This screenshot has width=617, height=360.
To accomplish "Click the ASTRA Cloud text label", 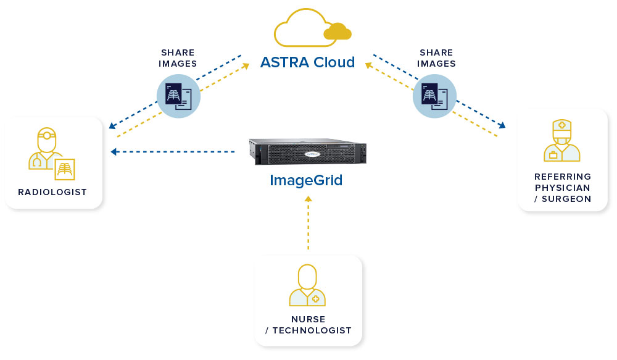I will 307,62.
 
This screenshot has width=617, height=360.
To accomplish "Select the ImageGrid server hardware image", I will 307,151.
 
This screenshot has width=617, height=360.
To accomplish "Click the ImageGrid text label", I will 307,180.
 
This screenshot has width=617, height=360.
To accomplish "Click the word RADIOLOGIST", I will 52,192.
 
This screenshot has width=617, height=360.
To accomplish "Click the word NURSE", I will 308,319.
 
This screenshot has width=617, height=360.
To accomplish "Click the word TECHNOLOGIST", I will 312,330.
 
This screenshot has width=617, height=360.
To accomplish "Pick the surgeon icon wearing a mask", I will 561,142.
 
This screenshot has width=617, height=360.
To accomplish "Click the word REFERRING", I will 563,177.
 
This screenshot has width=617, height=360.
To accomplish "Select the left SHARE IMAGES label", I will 178,58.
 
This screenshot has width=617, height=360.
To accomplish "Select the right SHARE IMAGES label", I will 437,58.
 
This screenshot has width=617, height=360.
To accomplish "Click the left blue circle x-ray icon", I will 179,96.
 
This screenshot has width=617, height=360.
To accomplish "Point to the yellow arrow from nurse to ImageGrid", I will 308,222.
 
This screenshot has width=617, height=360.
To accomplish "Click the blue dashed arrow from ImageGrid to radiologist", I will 173,151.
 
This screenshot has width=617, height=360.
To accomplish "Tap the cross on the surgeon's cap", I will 561,125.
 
